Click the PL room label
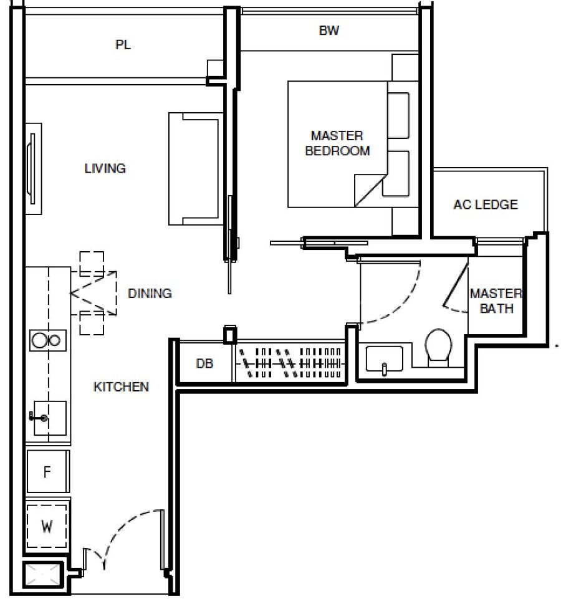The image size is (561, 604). (x=123, y=45)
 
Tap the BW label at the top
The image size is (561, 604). (x=329, y=31)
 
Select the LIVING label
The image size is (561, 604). (x=105, y=168)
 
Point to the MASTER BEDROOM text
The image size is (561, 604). (x=337, y=143)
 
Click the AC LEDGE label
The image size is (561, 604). (x=486, y=204)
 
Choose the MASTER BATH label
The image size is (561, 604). (x=496, y=301)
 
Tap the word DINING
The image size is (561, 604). (x=150, y=293)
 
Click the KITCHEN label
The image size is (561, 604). (x=121, y=386)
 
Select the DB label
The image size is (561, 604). (x=204, y=363)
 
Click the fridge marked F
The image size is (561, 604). (x=48, y=471)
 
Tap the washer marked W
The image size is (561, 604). (x=47, y=526)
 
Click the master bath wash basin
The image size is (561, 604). (x=384, y=360)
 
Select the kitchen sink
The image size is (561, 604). (x=50, y=418)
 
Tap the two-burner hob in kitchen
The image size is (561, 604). (x=48, y=340)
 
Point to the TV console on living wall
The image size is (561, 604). (x=33, y=169)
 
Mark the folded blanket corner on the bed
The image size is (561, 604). (x=369, y=190)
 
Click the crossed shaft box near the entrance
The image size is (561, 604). (x=42, y=574)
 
